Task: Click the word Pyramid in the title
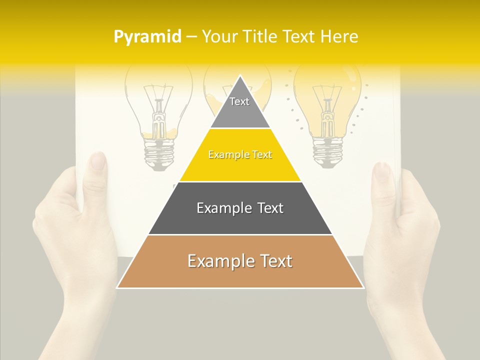[x=147, y=37]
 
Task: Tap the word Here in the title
[x=340, y=37]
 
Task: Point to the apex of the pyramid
[x=240, y=76]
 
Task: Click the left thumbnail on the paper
[x=98, y=161]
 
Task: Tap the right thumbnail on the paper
[x=382, y=171]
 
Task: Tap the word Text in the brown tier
[x=271, y=261]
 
